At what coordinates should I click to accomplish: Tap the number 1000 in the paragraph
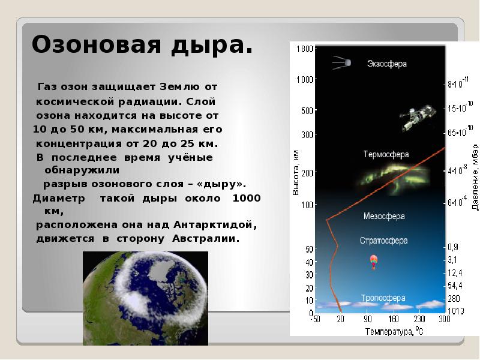(x=246, y=198)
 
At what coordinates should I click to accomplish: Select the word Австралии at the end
(x=206, y=238)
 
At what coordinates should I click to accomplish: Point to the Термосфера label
(x=386, y=154)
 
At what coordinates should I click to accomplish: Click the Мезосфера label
(x=384, y=215)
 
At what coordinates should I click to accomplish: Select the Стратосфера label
(x=383, y=241)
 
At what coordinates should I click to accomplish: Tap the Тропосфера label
(x=383, y=298)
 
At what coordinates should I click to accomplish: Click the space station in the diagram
(x=418, y=116)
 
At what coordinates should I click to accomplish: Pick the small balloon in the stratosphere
(x=373, y=261)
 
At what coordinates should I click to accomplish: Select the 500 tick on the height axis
(x=307, y=111)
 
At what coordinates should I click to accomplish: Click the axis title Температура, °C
(x=390, y=331)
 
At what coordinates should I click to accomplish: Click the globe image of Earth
(x=145, y=298)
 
